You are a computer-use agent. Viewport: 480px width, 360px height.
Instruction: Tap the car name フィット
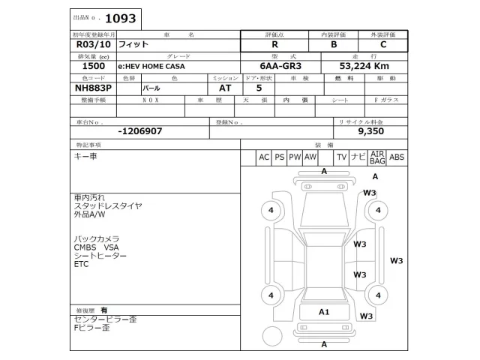135,44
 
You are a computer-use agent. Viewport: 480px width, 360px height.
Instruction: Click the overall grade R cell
274,44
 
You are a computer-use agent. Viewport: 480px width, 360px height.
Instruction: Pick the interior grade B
334,44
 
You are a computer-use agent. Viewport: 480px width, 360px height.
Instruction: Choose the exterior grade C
383,44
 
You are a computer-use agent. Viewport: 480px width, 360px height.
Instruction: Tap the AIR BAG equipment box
377,157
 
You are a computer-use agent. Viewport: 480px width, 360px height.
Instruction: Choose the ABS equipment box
397,157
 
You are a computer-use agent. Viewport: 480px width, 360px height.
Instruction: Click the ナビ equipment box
358,157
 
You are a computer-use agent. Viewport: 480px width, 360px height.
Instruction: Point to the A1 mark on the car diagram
324,312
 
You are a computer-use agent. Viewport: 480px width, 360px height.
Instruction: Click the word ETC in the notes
81,265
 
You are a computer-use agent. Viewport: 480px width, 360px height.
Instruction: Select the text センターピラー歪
104,319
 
